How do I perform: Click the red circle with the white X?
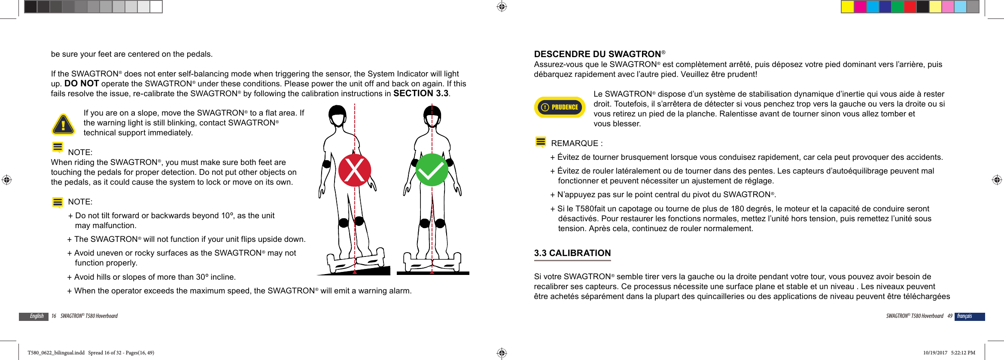pos(354,170)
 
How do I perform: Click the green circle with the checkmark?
pos(432,170)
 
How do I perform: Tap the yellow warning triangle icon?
pos(64,125)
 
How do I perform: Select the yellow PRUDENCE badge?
pos(560,107)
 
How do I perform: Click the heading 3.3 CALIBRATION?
pos(572,253)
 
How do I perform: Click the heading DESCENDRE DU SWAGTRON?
pos(597,54)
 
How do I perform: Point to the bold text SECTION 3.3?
pos(421,93)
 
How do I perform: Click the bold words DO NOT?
pos(82,83)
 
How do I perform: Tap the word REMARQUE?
pos(575,143)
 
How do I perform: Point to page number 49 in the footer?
pos(950,316)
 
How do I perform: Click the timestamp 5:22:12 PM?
pos(963,353)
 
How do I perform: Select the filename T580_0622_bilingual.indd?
pos(56,353)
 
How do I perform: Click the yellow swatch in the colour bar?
pos(847,7)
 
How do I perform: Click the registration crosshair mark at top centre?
pos(502,6)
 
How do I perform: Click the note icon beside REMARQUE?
pos(541,142)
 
